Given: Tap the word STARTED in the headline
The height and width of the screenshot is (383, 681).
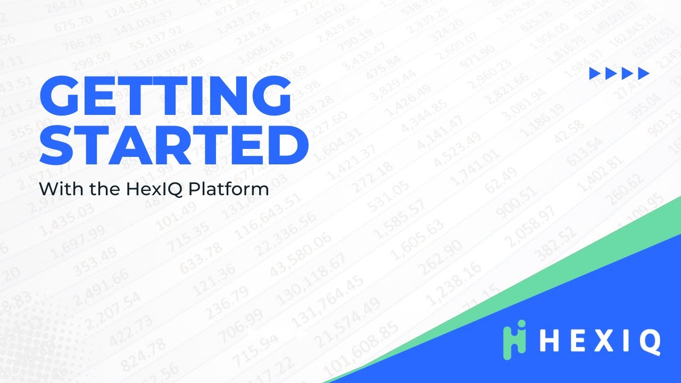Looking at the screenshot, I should (174, 143).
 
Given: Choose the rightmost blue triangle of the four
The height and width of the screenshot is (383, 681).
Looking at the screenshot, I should (643, 74).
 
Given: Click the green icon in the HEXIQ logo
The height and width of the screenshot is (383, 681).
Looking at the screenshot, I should (514, 336).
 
